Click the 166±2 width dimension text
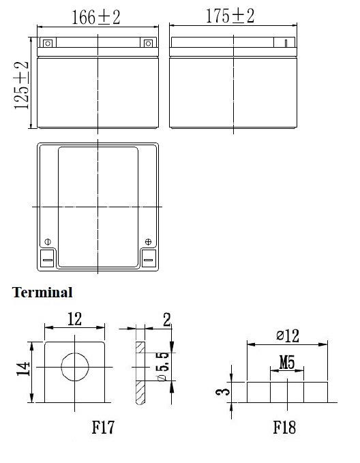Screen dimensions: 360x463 96,17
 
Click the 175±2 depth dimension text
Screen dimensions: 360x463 230,16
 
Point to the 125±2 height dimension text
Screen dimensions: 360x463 21,86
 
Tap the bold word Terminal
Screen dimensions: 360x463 42,293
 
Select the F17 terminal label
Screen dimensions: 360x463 103,428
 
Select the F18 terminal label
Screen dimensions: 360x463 284,428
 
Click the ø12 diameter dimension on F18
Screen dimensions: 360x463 288,335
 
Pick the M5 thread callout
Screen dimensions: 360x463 287,362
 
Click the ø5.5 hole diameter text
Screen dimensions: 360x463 164,366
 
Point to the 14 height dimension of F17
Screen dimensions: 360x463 23,368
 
